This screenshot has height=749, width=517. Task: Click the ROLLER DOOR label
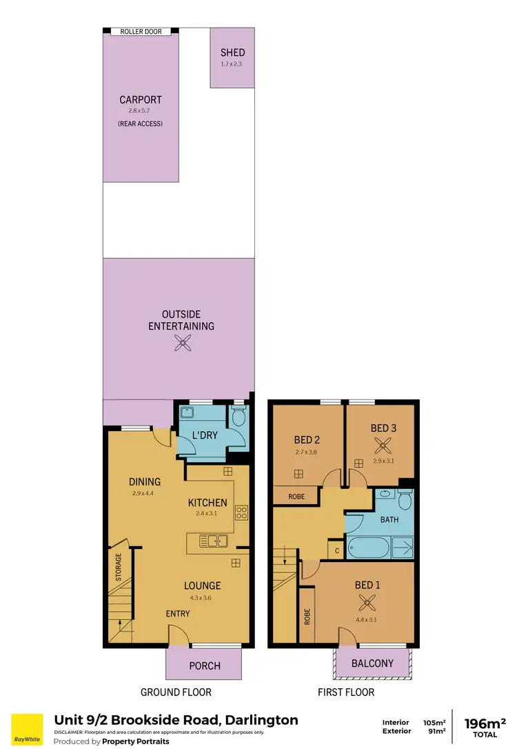(141, 32)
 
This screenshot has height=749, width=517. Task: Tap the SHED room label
(232, 52)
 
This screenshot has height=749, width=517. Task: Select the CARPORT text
(141, 100)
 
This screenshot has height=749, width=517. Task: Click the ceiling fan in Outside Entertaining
(183, 343)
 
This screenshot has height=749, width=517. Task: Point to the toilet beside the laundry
(239, 416)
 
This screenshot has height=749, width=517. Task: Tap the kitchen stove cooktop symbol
(242, 512)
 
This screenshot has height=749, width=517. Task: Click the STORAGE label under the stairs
(119, 565)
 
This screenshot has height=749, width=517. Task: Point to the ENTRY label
(178, 614)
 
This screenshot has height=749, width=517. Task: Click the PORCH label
(205, 666)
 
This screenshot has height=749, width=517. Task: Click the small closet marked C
(336, 550)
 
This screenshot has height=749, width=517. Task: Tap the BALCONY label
(372, 663)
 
